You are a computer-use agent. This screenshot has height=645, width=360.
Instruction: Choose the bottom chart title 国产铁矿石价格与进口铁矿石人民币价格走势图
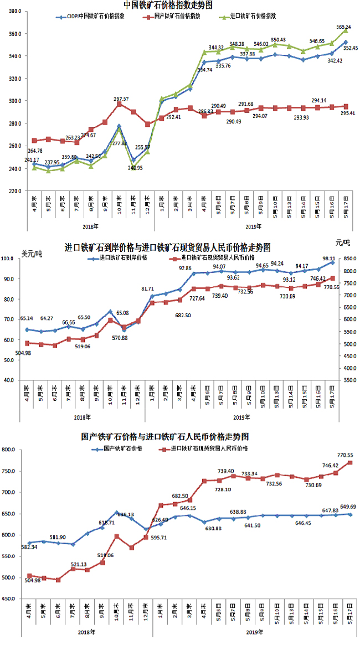click(165, 437)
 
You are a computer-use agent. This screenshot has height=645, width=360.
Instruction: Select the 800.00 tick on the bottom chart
click(11, 451)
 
